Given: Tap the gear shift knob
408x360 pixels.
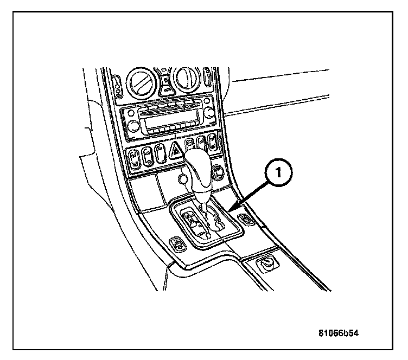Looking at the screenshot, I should coord(199,172).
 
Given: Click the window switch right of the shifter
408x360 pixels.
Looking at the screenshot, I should coord(247,219).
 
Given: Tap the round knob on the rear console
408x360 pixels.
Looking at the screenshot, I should coord(266,265).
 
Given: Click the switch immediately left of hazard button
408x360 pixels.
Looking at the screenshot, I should coord(161,153).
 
